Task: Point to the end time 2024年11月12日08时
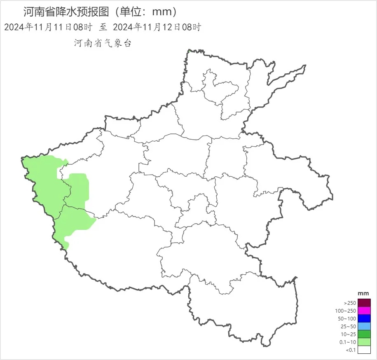pos(157,28)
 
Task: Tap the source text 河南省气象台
pos(102,43)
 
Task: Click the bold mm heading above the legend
pos(363,293)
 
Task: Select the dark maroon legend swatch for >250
pos(364,303)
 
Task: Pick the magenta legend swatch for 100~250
pos(364,311)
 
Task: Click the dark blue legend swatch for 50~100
pos(364,318)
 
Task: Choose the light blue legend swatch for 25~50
pos(364,326)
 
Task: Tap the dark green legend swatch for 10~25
pos(364,334)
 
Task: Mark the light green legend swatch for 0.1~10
pos(364,342)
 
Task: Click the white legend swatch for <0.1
pos(364,350)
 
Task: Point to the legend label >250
pos(349,303)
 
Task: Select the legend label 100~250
pos(345,311)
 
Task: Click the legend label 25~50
pos(347,327)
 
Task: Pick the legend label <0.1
pos(350,350)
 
